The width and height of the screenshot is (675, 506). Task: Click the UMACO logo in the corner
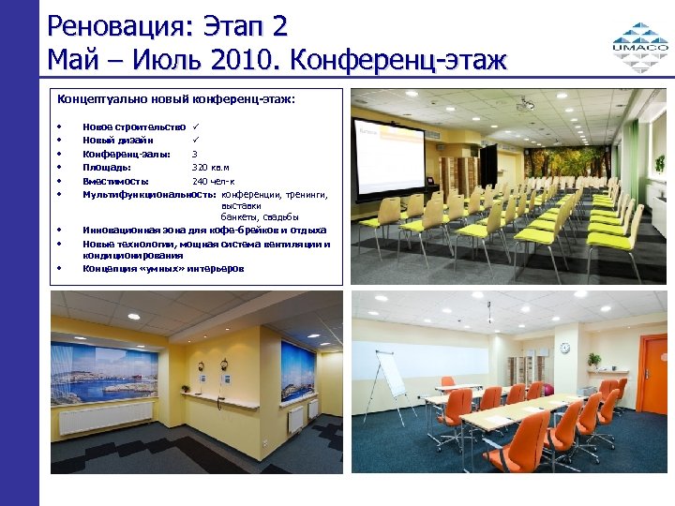click(x=640, y=41)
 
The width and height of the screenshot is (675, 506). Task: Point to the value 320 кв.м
click(x=212, y=167)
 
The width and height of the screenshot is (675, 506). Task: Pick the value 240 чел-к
click(x=214, y=181)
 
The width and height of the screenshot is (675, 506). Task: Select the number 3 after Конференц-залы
click(x=194, y=154)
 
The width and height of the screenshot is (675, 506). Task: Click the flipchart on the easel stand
click(x=390, y=376)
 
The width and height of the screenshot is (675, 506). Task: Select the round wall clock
click(x=564, y=348)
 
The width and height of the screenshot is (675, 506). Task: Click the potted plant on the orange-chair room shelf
click(x=593, y=359)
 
